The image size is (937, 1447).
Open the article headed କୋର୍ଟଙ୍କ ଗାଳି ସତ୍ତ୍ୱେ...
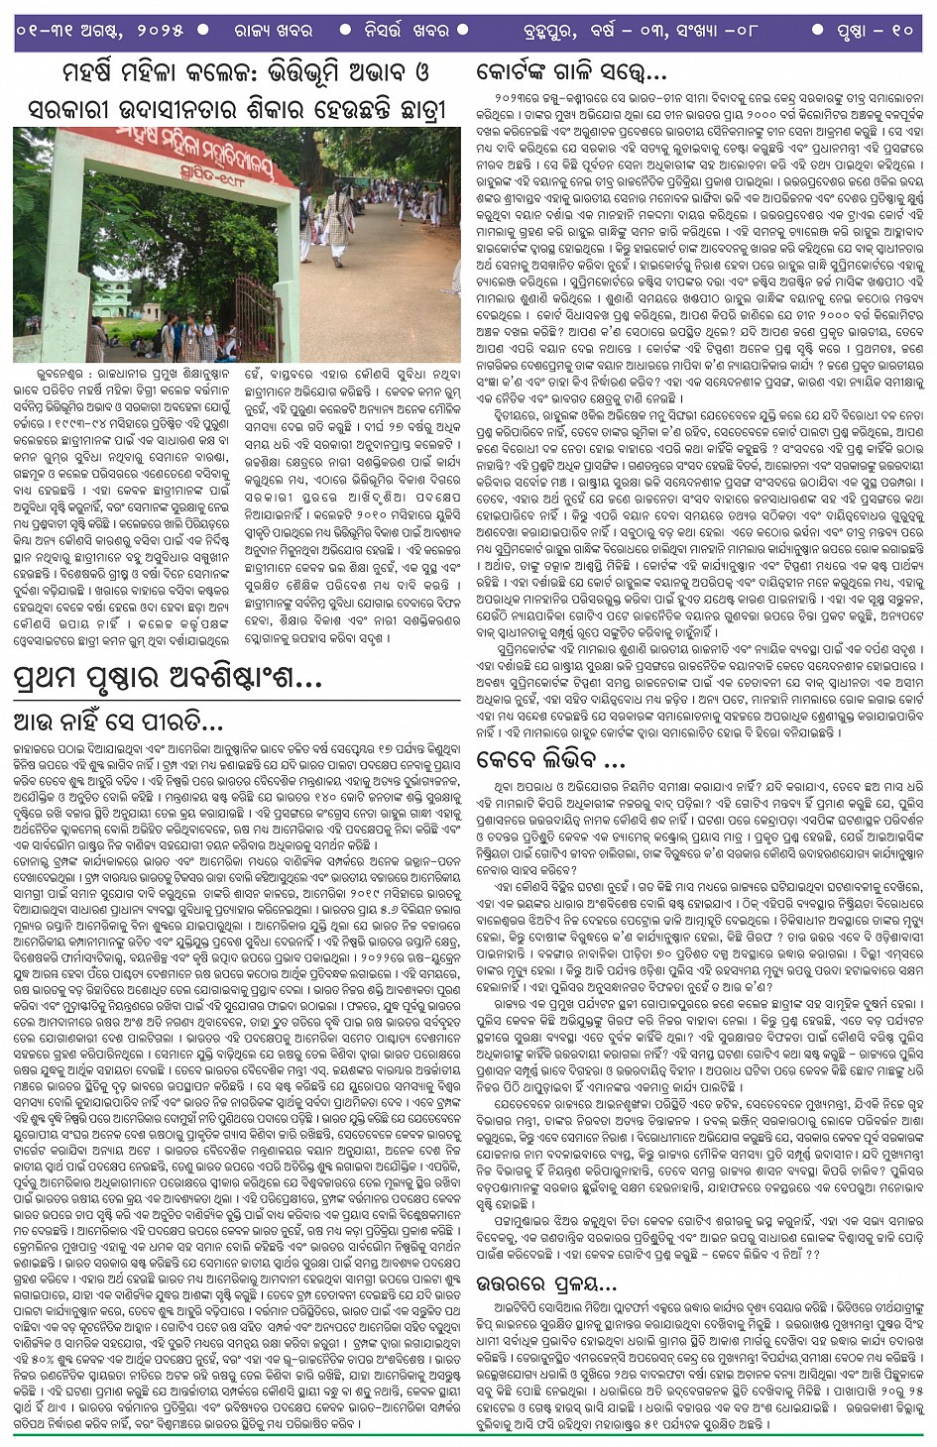click(x=571, y=71)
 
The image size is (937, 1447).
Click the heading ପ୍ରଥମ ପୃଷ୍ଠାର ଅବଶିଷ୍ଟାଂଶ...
click(x=168, y=679)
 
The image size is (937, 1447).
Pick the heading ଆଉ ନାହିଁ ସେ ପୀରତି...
click(x=119, y=722)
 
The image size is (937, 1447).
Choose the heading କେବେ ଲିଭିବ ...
click(x=550, y=760)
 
